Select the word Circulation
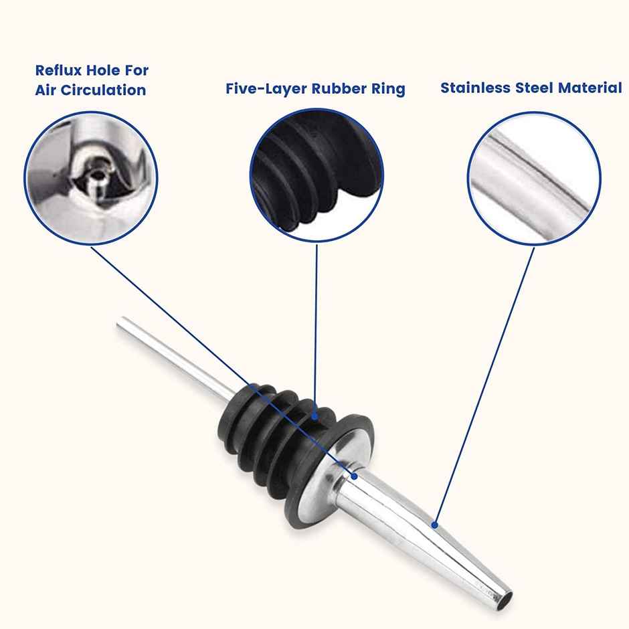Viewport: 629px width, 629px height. (x=104, y=90)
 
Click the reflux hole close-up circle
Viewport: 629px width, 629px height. (x=91, y=178)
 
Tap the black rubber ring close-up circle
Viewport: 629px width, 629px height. (x=317, y=175)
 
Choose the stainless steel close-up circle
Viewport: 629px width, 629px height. (x=535, y=179)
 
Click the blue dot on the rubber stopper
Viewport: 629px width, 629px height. (x=315, y=416)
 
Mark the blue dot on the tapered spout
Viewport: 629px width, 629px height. (x=434, y=525)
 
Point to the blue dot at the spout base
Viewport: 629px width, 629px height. (x=354, y=476)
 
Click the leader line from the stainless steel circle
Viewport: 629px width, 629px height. (x=484, y=386)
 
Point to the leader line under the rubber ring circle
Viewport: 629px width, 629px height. (x=316, y=330)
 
